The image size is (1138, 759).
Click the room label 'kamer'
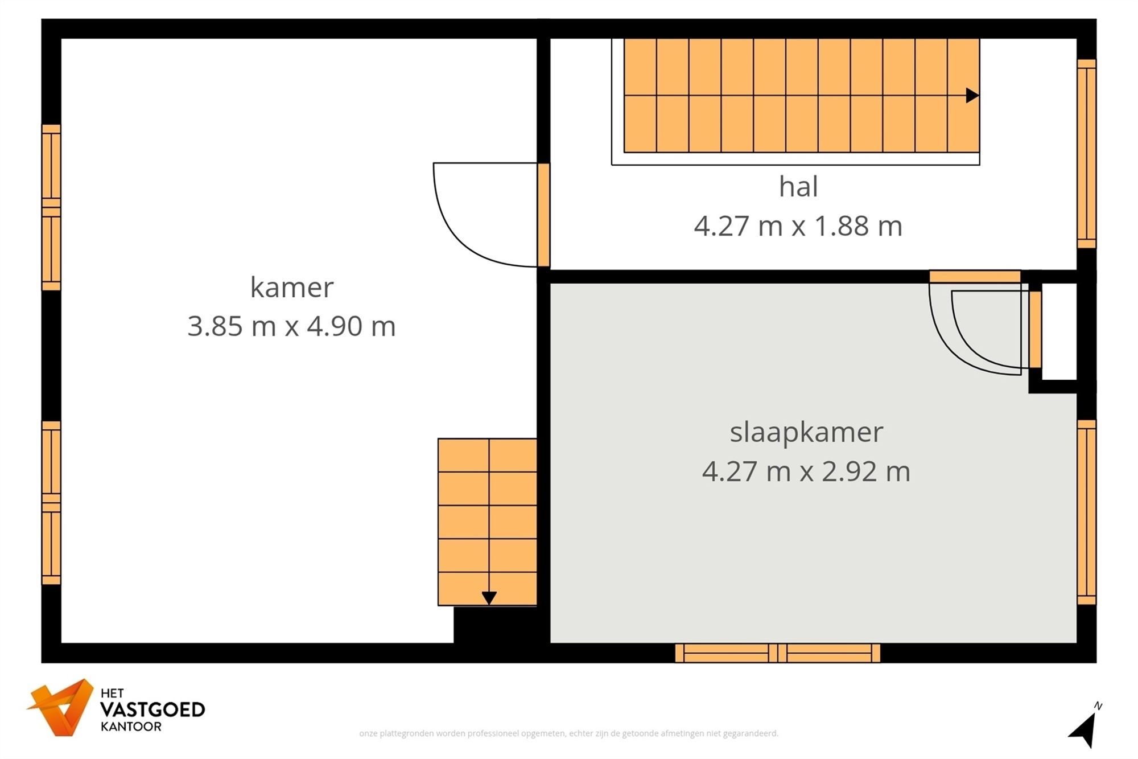point(291,287)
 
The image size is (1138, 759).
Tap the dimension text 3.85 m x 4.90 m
point(291,326)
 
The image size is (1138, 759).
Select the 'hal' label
point(798,187)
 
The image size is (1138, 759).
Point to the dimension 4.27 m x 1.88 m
point(798,226)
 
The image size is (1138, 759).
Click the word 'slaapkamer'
point(806,432)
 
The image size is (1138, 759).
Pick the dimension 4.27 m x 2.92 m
point(806,471)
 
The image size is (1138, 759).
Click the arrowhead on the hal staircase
point(972,96)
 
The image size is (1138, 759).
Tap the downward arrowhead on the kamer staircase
point(489,598)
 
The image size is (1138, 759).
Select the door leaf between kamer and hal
point(543,215)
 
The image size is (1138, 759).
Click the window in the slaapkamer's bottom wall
point(777,653)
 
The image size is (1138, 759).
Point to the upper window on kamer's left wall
point(51,207)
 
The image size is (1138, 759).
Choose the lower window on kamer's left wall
point(51,503)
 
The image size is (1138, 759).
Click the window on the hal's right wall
point(1086,154)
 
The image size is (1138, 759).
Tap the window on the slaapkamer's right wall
point(1086,512)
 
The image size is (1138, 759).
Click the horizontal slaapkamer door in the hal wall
point(975,277)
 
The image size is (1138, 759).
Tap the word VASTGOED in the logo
point(152,709)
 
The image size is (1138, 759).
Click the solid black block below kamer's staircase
point(495,625)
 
